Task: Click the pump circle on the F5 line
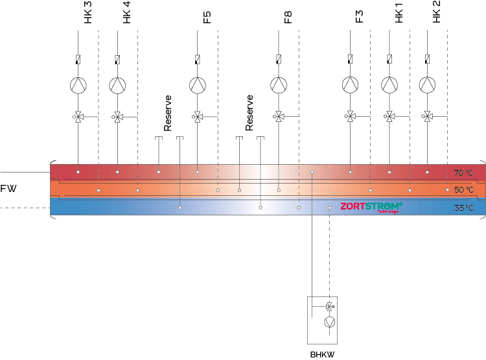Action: (x=197, y=85)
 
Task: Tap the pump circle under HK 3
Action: (x=78, y=85)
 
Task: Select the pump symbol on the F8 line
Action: (x=279, y=85)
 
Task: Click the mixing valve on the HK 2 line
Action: (x=428, y=117)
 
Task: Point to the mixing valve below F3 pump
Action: (x=350, y=117)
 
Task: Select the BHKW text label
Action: (x=322, y=355)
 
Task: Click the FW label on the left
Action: (x=8, y=189)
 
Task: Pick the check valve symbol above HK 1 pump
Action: (x=389, y=60)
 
